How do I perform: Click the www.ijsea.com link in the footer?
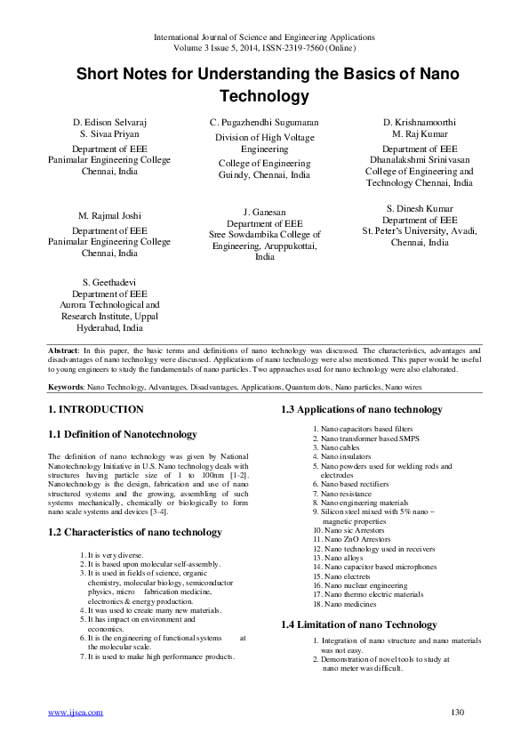tap(75, 712)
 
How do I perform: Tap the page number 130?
tap(458, 712)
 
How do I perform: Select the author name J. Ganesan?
tap(264, 213)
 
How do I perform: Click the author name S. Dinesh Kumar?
tap(420, 209)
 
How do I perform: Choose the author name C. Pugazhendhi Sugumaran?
tap(264, 122)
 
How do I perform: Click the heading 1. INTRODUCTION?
tap(95, 410)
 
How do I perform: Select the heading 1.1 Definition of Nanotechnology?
tap(122, 434)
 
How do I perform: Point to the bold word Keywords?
tap(66, 388)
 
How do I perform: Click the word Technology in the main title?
tap(264, 95)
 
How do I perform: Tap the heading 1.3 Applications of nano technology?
tap(361, 410)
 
